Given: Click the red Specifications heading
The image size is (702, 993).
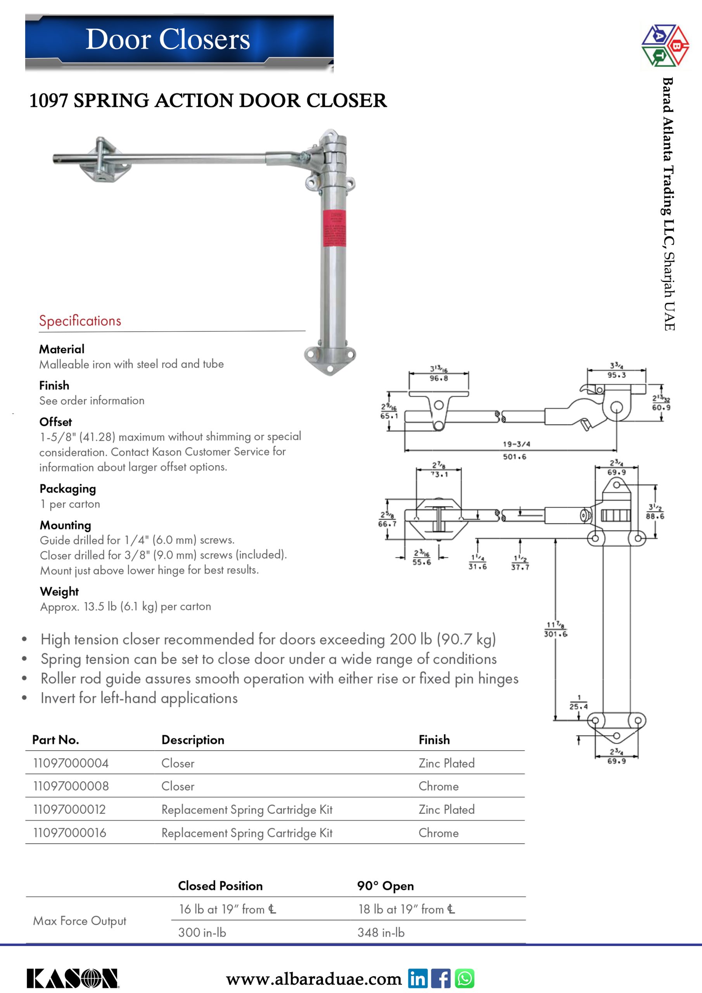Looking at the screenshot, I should click(x=80, y=320).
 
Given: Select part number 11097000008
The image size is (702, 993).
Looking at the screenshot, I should click(x=71, y=786).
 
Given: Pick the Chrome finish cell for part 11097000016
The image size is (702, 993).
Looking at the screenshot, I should click(x=438, y=832).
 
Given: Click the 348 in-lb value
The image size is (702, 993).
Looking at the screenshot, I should click(x=380, y=932).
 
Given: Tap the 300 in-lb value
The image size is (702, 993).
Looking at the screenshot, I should click(x=202, y=932).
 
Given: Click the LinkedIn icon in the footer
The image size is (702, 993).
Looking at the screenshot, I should click(x=417, y=978).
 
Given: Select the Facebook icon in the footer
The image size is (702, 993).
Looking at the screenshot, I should click(x=441, y=978).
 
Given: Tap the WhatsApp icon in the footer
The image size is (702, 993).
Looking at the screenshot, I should click(x=465, y=978).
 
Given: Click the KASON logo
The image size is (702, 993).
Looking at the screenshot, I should click(x=73, y=978).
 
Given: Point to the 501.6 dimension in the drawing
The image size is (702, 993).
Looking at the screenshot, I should click(x=514, y=457).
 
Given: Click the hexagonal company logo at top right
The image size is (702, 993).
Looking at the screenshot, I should click(x=665, y=45).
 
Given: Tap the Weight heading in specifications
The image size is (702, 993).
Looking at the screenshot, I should click(x=59, y=591).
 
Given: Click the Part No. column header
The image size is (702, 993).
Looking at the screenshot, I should click(x=55, y=740).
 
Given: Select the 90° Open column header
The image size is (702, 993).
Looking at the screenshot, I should click(x=385, y=886).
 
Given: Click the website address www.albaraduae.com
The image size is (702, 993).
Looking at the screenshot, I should click(x=314, y=979).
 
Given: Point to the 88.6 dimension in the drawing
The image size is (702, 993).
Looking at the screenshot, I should click(x=655, y=516).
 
